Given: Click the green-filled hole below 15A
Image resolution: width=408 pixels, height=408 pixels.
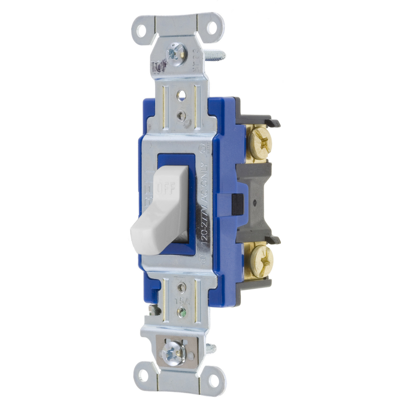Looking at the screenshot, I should point(183,311).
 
